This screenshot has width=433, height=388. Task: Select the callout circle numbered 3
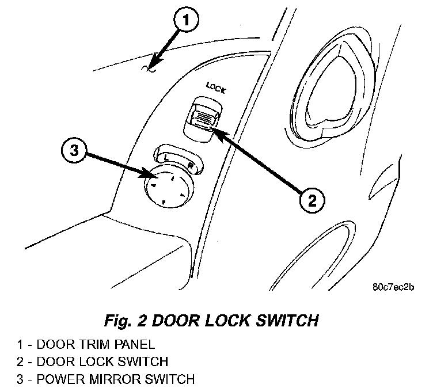point(74,150)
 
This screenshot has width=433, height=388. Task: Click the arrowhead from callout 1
point(151,67)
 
